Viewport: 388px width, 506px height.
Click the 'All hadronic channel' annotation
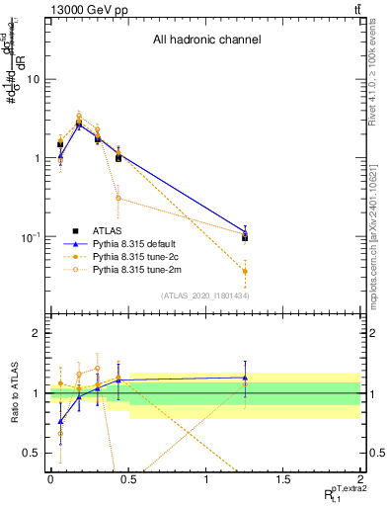[206, 41]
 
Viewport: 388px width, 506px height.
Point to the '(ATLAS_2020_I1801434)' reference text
[203, 295]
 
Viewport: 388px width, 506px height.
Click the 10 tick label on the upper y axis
[35, 79]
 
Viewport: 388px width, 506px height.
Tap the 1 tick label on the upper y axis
[39, 158]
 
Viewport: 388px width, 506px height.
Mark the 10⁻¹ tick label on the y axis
[33, 237]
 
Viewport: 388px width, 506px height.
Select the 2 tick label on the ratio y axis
[39, 334]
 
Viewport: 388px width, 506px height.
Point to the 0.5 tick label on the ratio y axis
[34, 453]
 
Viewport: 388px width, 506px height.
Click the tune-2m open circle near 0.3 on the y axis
[118, 198]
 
